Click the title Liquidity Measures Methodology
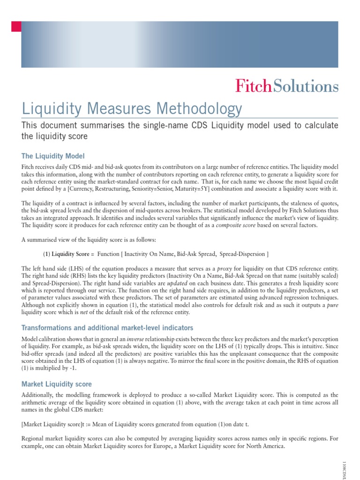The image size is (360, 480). (x=132, y=109)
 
